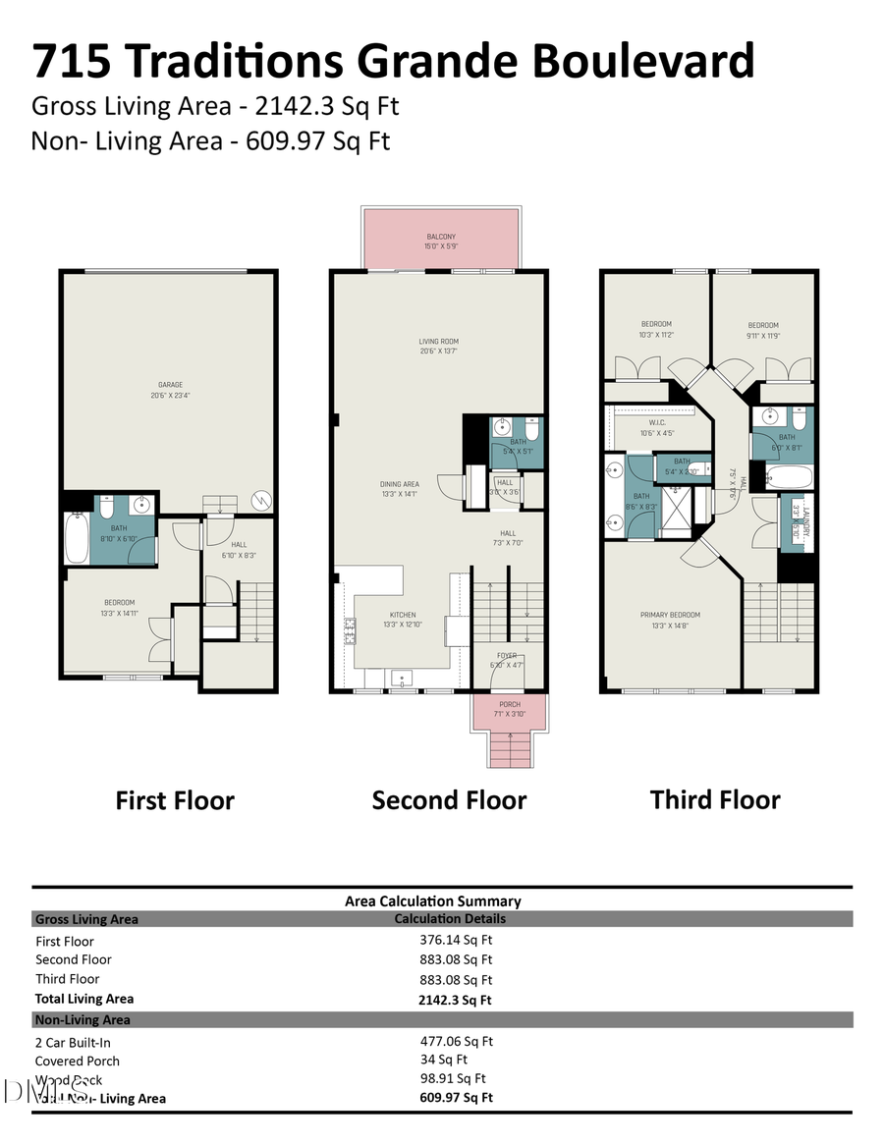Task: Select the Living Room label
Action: point(438,343)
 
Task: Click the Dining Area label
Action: point(400,484)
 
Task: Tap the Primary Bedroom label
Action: point(670,616)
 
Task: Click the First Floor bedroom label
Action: point(120,603)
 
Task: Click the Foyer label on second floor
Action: point(506,655)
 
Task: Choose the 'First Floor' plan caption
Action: point(175,800)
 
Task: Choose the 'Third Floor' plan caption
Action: point(714,799)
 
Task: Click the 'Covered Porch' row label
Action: point(78,1061)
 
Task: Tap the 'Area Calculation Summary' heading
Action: point(432,900)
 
